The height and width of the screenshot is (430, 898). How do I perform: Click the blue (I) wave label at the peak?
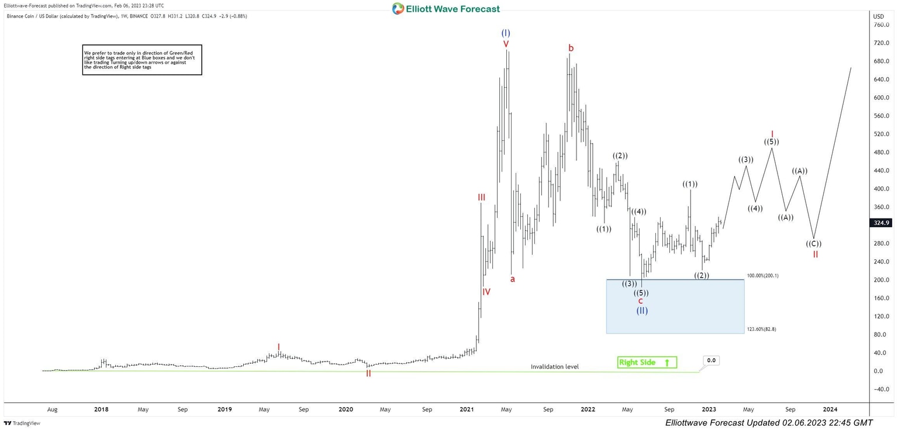coord(506,33)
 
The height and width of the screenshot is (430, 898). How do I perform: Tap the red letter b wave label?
coord(571,47)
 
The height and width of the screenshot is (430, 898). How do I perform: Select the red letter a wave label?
coord(513,279)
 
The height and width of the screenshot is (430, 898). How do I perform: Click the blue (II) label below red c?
coord(642,311)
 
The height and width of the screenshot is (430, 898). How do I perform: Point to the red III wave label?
coord(482,197)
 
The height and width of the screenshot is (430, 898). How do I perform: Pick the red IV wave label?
coord(486,292)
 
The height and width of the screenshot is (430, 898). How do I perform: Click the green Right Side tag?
coord(647,362)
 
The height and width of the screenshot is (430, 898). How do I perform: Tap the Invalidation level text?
coord(554,367)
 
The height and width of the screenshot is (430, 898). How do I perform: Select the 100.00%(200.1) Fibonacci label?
coord(763,275)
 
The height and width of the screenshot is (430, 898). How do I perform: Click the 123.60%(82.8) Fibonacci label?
coord(761,330)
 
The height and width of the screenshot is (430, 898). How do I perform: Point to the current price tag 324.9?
coord(882,223)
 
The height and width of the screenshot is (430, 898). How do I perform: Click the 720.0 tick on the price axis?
coord(881,43)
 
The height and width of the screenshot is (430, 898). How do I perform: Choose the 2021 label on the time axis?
coord(467,410)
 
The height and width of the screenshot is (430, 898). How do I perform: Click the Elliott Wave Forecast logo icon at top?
coord(398,9)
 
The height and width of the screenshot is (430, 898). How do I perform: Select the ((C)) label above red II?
coord(814,244)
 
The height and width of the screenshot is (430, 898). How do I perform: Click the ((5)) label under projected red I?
coord(771,142)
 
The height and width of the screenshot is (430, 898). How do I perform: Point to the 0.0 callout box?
coord(711,360)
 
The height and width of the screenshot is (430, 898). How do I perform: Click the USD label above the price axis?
coord(879,16)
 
